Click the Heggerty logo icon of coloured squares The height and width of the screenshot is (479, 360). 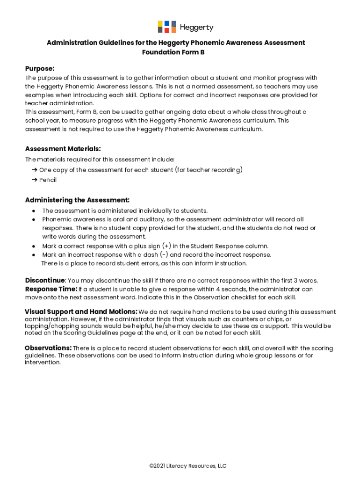click(166, 27)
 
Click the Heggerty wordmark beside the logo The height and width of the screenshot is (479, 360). click(196, 27)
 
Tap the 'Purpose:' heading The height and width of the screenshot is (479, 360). click(40, 68)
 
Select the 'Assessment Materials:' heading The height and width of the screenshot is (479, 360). click(63, 149)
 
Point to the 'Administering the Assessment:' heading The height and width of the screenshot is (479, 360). click(77, 200)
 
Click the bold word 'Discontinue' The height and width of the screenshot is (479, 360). click(44, 280)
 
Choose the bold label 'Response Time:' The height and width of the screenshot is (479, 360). click(51, 289)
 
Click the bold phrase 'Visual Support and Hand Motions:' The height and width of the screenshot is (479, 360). click(81, 312)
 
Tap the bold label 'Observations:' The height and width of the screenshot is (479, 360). click(48, 348)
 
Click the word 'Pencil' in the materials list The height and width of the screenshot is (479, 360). click(48, 180)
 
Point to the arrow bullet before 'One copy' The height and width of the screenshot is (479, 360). click(35, 170)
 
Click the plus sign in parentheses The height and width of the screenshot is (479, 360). click(166, 246)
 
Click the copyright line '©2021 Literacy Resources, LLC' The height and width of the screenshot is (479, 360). click(187, 466)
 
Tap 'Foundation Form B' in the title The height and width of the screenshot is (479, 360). click(173, 52)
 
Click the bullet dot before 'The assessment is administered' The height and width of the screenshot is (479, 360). click(34, 211)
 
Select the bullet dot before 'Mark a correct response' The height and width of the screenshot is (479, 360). click(34, 246)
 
